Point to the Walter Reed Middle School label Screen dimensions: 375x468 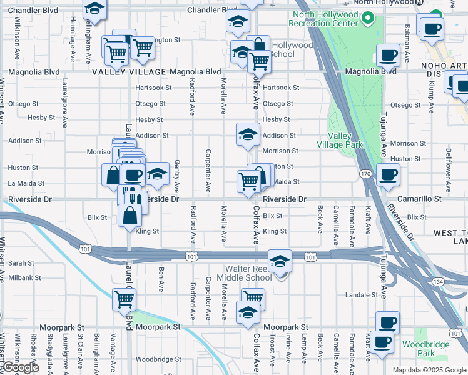[x=245, y=273]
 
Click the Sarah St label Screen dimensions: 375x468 [x=21, y=264]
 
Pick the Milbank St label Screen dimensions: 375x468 [x=24, y=277]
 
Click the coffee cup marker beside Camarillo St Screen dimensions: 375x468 [x=388, y=176]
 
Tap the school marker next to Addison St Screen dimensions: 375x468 [x=248, y=134]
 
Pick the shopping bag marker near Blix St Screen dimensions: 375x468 [x=130, y=216]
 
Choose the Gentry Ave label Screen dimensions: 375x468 [x=177, y=176]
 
